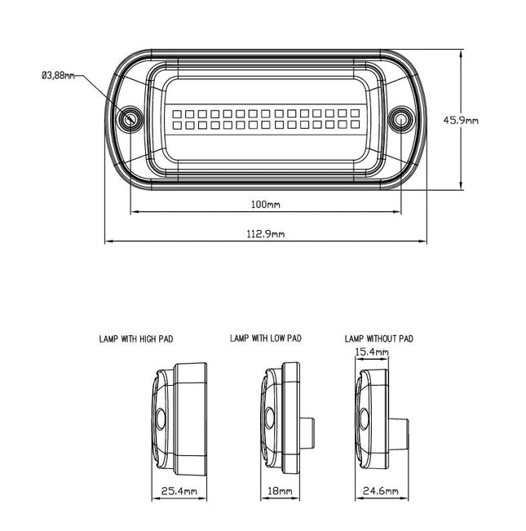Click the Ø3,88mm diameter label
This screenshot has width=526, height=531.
(x=57, y=76)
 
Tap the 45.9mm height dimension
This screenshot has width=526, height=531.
(x=460, y=119)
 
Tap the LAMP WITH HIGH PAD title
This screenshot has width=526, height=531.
(x=136, y=337)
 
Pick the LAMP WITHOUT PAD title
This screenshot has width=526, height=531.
(x=379, y=337)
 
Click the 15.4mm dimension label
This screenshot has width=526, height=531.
(x=372, y=352)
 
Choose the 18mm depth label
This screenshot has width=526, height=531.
(x=280, y=491)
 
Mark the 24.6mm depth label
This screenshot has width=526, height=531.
(x=382, y=491)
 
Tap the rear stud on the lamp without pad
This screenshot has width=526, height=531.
(x=402, y=423)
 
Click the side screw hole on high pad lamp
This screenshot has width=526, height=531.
(x=161, y=420)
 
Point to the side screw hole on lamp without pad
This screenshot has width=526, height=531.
(x=364, y=421)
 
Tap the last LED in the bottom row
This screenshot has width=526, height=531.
(x=352, y=126)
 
